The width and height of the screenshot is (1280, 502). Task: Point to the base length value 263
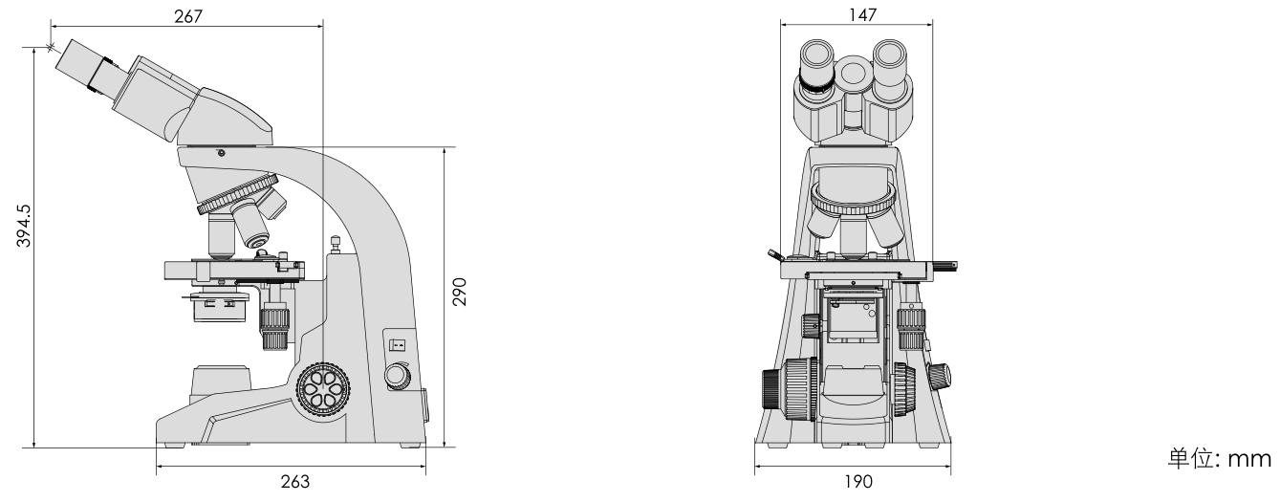click(295, 481)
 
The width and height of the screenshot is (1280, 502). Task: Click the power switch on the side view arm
click(398, 343)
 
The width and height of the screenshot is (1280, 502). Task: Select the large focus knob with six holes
click(323, 392)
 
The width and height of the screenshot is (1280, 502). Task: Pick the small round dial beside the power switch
click(396, 377)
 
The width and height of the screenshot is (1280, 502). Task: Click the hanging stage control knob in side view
click(275, 326)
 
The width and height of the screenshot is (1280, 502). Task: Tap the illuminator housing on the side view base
click(223, 382)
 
